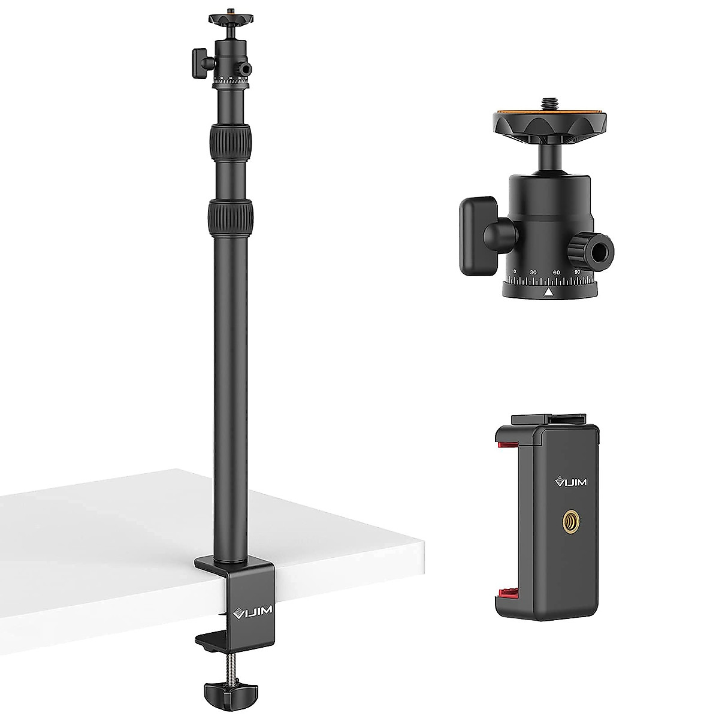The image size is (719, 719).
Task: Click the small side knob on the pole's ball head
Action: point(197,62)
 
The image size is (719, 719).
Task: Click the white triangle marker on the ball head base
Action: point(548,292)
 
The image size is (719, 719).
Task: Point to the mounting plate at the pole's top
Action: point(231,20)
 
